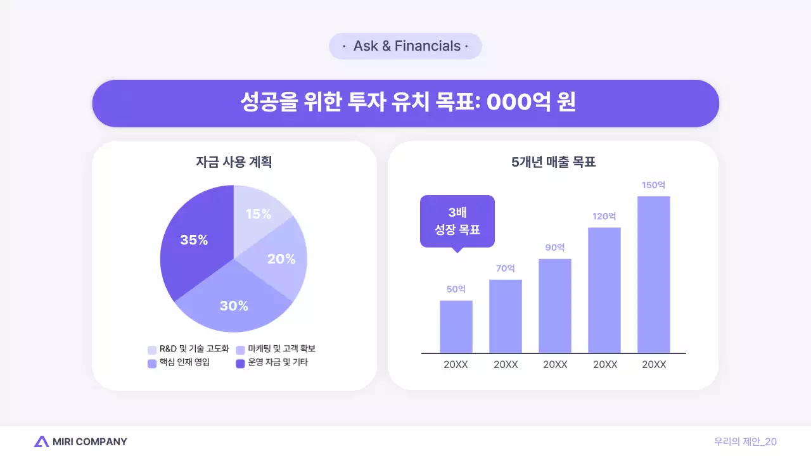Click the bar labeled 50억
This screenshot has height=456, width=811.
click(x=456, y=327)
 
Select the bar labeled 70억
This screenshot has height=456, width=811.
click(x=506, y=316)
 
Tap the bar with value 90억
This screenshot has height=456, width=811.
click(x=555, y=306)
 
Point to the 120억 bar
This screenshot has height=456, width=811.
click(x=604, y=290)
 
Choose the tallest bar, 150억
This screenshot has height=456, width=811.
click(x=654, y=274)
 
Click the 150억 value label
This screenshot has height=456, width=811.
click(x=654, y=185)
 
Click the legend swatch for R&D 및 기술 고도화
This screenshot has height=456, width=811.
click(x=152, y=350)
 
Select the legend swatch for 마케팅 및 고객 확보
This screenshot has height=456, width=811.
click(x=241, y=350)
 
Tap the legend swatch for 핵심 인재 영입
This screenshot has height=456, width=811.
click(x=152, y=364)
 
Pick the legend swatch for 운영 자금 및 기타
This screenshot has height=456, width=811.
click(x=241, y=364)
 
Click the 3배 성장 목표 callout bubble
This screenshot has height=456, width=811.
click(x=457, y=221)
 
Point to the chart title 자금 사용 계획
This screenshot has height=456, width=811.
click(x=234, y=162)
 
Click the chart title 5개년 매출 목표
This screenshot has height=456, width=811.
click(x=553, y=162)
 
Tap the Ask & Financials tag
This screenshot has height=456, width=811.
click(x=405, y=46)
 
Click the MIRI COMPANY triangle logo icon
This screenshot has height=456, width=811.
click(x=42, y=441)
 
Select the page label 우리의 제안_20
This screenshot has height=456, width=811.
click(x=745, y=441)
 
